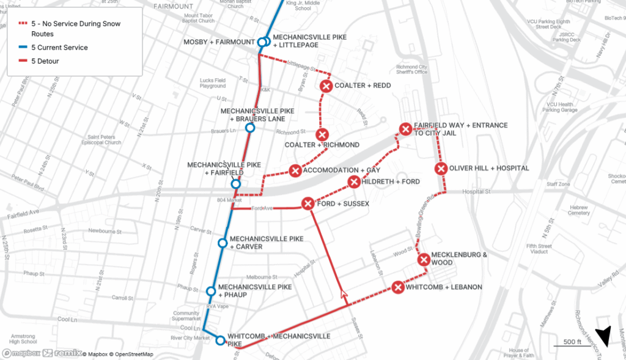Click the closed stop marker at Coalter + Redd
coord(326,86)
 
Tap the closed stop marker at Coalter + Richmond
coord(322,134)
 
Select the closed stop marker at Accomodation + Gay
coord(295,171)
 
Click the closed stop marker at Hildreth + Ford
coord(354,182)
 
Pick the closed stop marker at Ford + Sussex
coord(307,204)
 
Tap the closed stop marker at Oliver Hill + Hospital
coord(441,169)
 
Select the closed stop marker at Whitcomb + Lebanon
coord(398,287)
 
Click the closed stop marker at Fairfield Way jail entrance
coord(405,128)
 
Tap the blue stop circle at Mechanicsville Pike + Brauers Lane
coord(249,128)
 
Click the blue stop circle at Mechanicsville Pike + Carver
coord(223,243)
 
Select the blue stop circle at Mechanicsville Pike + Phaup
coord(211,291)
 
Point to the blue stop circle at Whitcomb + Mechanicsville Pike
coord(221,340)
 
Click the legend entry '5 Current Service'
coord(59,48)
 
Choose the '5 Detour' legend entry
coord(46,61)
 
